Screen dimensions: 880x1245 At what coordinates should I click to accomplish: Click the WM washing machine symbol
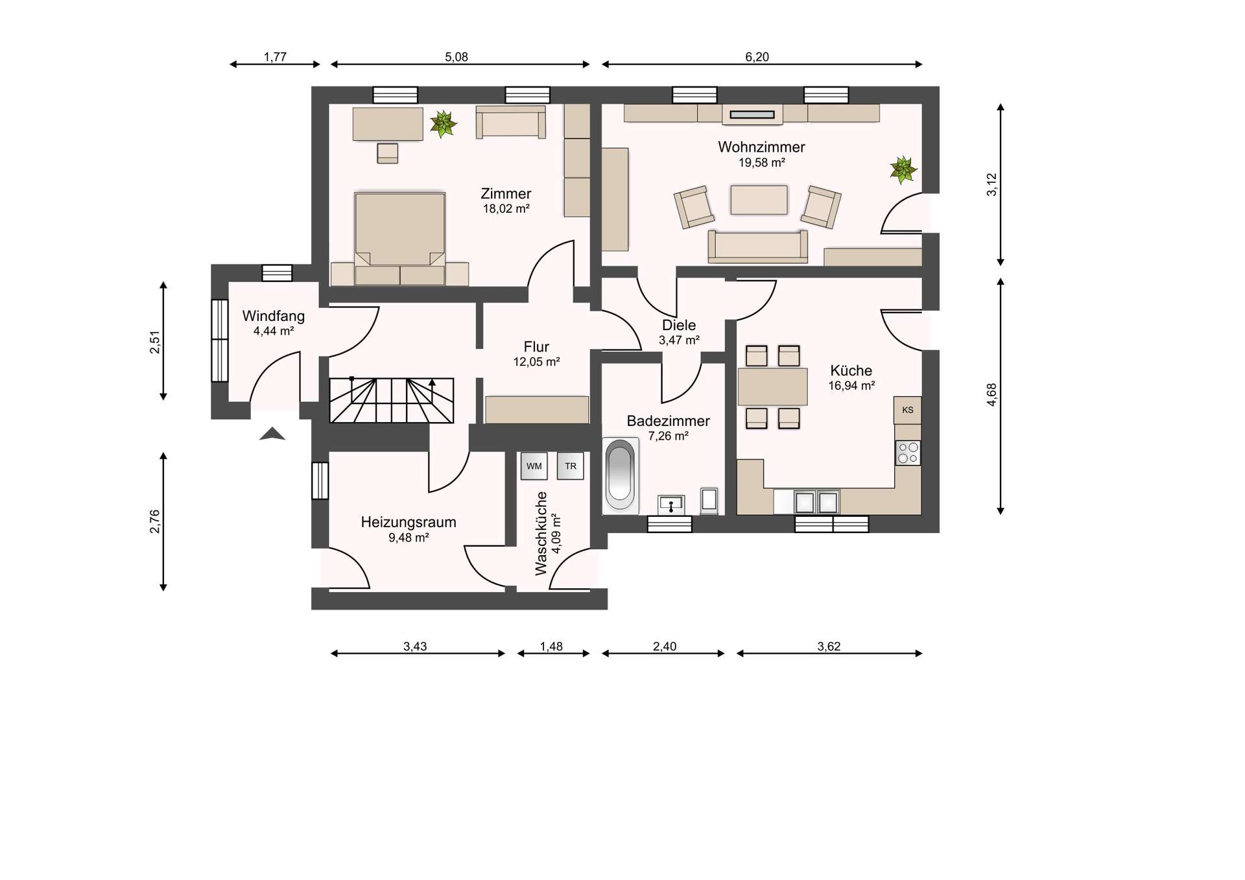[534, 466]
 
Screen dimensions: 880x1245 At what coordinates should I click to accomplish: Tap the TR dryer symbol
[571, 466]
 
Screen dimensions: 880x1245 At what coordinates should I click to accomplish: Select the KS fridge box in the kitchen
[907, 410]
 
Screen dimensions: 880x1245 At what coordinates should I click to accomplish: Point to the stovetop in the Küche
[907, 453]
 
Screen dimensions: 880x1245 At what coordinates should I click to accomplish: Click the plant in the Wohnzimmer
[903, 171]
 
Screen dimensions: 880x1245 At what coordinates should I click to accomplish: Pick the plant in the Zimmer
[443, 123]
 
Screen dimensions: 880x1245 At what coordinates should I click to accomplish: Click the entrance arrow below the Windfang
[272, 434]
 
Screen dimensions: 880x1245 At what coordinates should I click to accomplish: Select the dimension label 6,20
[757, 57]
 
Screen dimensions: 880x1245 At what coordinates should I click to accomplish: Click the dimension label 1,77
[275, 57]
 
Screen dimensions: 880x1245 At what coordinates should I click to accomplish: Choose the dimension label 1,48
[551, 647]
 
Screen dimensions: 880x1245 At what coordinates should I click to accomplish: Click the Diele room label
[679, 325]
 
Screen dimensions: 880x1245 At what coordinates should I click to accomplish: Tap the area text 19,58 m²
[761, 163]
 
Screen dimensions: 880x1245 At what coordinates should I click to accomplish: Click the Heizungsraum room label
[409, 522]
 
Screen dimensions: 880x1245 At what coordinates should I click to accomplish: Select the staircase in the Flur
[391, 400]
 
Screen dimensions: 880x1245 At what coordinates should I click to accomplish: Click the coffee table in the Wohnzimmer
[759, 200]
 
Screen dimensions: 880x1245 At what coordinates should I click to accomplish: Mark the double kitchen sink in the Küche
[817, 502]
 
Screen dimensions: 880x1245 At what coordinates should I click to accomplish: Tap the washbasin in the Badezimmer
[671, 504]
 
